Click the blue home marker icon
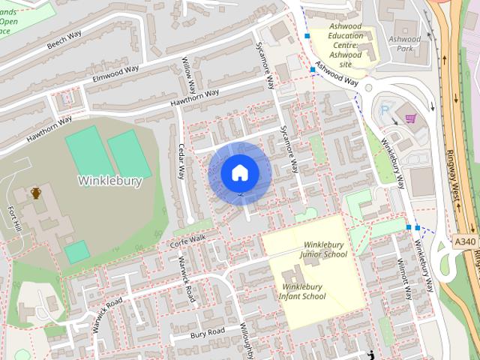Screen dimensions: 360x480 coord(239,172)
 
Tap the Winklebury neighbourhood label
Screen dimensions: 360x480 coord(109,181)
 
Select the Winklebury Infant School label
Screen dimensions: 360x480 coord(304,291)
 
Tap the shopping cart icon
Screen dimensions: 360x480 coord(411,118)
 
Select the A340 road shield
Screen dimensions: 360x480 coord(466,241)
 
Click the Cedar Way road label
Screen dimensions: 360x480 coord(181,160)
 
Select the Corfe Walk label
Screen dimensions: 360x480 coord(187,239)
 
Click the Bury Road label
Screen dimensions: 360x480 coord(207,331)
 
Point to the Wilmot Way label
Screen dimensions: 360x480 coord(406,279)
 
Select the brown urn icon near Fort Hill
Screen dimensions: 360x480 coord(35,193)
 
